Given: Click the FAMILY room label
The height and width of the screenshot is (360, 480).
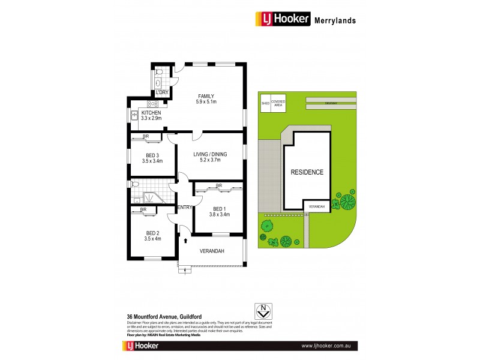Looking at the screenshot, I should coord(205,96).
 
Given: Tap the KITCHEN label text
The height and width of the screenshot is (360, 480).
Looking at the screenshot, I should coord(151,113).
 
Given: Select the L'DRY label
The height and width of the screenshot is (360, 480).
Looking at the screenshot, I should coord(161,92).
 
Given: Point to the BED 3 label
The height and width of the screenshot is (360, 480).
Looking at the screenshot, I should coord(151,155).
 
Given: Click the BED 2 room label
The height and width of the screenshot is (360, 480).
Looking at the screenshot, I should coord(152,232).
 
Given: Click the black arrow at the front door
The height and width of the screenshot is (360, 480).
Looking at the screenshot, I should coord(186,241).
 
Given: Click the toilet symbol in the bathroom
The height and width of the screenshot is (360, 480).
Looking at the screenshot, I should coord(134,185).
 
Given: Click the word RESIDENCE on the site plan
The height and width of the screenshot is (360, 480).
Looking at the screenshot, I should coord(307,172).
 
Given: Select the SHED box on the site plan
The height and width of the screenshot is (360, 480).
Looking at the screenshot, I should coord(265,103).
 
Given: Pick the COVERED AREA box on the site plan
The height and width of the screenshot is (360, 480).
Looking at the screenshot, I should coord(278,103).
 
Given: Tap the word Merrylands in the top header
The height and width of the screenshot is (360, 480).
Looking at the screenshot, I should coord(335,20).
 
